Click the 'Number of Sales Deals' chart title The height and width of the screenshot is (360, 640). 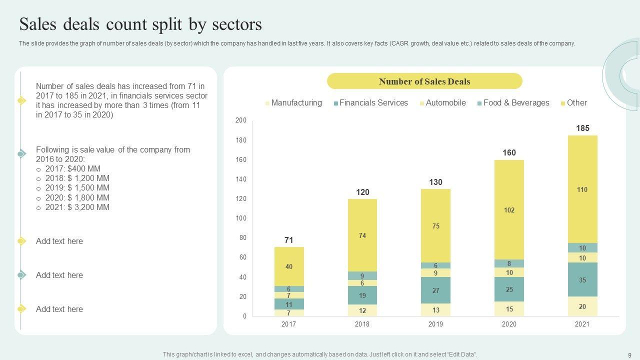coord(424,81)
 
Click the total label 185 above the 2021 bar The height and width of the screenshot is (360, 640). coord(582,128)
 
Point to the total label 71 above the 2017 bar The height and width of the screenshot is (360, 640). coord(288,240)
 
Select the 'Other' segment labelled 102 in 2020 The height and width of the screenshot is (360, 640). coord(509,210)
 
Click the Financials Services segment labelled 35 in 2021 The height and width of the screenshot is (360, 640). coord(582,280)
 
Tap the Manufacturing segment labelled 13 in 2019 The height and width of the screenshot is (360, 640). coord(435,309)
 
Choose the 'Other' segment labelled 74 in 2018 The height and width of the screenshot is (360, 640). coord(362,235)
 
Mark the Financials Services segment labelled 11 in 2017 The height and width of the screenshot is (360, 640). coord(288,304)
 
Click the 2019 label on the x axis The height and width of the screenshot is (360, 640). coord(435,324)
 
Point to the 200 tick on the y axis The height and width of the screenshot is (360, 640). coord(241,120)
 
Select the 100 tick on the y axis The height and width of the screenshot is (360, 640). coord(241,218)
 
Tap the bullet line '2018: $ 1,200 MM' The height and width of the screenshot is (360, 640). coord(77,178)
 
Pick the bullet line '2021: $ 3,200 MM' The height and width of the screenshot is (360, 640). coord(77,207)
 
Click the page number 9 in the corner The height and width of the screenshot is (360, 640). coord(629,354)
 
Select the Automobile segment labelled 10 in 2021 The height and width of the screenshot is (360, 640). coord(582,258)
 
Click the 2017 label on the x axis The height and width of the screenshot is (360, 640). coord(288,324)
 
